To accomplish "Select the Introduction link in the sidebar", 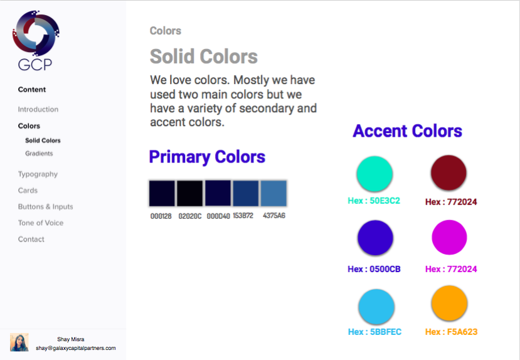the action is click(x=38, y=109).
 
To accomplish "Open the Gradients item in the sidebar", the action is click(x=39, y=154).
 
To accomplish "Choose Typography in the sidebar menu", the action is click(x=38, y=174).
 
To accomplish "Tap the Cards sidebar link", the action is click(x=28, y=190).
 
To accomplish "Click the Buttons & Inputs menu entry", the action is click(x=45, y=206).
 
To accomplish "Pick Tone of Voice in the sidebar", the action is click(x=41, y=223).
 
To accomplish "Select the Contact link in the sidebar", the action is click(x=31, y=239).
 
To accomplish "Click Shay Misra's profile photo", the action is click(x=19, y=342).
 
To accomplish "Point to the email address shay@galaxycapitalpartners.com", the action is click(x=76, y=348).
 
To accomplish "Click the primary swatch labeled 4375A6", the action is click(x=273, y=193).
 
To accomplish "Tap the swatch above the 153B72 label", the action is click(x=246, y=193).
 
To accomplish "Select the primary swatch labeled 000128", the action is click(x=162, y=193).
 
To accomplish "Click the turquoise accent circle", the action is click(x=374, y=174).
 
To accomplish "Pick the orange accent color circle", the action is click(x=449, y=303).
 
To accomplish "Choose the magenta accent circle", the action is click(x=449, y=237).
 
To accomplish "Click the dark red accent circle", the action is click(x=448, y=172).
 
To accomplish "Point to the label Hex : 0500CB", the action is click(x=374, y=269).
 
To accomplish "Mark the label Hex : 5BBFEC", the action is click(x=374, y=332).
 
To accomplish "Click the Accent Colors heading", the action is click(x=407, y=131).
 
